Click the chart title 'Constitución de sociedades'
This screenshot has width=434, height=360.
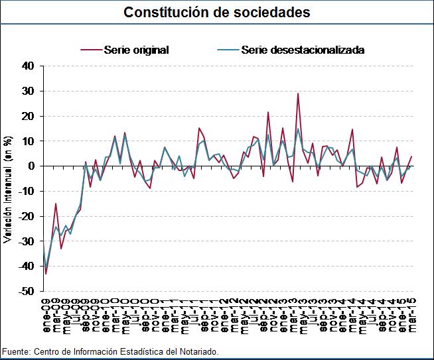pos(217,13)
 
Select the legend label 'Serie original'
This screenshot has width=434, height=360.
pos(136,50)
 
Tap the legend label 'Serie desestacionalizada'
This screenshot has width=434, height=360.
pos(303,50)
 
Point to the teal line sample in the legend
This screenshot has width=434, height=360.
pos(228,50)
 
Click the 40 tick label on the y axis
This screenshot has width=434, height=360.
pos(27,66)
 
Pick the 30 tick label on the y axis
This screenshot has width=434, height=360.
pos(27,91)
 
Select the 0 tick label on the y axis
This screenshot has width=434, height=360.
pos(31,166)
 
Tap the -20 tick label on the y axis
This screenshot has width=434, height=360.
pos(26,216)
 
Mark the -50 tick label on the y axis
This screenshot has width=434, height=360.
pos(26,291)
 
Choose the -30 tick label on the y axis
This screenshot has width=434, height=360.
pos(26,241)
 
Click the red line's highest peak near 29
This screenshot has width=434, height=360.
pos(298,93)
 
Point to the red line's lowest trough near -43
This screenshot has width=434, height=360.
pos(46,273)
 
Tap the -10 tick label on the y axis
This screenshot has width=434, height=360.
pos(26,191)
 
